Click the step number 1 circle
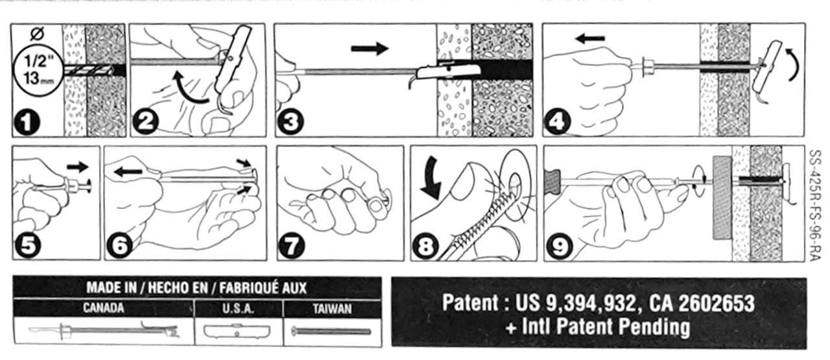tap(26, 123)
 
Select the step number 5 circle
tap(28, 245)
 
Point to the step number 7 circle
tap(292, 246)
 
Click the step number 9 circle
tap(560, 246)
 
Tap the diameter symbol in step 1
tap(37, 35)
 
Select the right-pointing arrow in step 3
tap(370, 49)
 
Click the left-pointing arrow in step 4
tap(590, 38)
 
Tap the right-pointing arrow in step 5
tap(78, 167)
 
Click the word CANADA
tap(103, 309)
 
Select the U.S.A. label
tap(238, 309)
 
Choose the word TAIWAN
tap(332, 309)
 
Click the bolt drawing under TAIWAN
tap(331, 331)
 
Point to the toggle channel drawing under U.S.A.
tap(237, 331)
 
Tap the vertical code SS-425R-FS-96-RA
tap(816, 205)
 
